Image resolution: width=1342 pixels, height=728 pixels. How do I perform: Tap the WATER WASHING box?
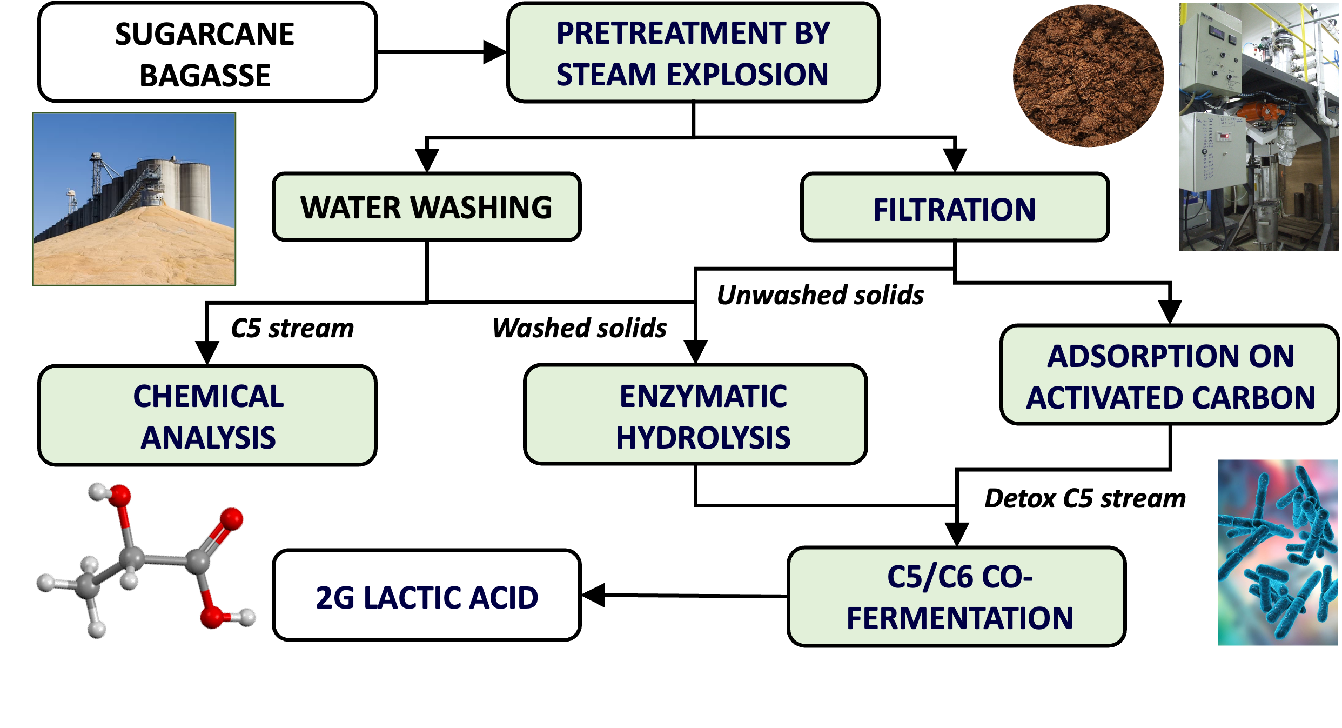click(426, 207)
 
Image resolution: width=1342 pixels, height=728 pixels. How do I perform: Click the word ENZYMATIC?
click(703, 397)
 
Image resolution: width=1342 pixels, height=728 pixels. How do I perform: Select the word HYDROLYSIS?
click(703, 438)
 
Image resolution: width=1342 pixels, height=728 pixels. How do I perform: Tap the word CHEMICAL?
click(208, 397)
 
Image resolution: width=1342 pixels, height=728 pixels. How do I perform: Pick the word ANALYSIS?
click(208, 438)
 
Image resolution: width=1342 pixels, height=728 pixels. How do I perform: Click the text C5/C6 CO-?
click(959, 577)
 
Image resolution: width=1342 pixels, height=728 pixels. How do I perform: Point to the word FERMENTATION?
click(959, 618)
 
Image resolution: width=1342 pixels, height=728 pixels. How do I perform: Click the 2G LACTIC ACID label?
click(427, 598)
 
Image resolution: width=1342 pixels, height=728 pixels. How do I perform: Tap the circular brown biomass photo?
click(1088, 76)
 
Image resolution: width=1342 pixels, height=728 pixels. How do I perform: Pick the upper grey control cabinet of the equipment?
click(1210, 54)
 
